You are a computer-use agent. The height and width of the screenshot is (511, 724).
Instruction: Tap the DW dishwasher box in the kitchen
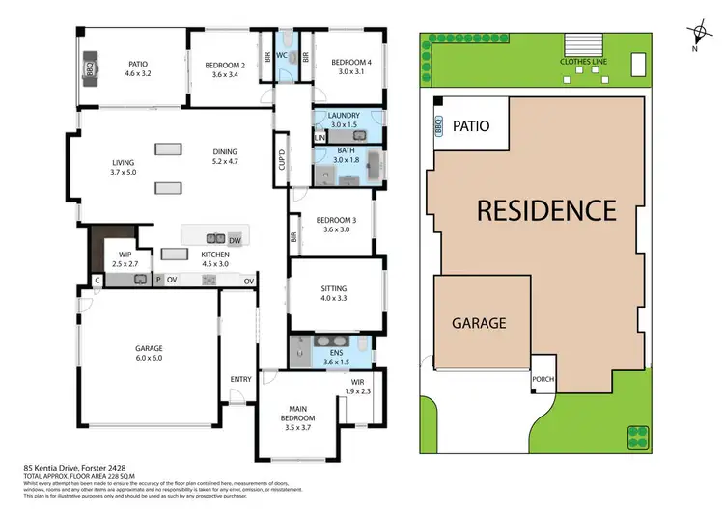[235, 239]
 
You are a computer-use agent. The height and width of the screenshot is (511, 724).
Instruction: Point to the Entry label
[240, 379]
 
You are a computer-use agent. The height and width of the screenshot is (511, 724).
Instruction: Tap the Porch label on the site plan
[543, 379]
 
